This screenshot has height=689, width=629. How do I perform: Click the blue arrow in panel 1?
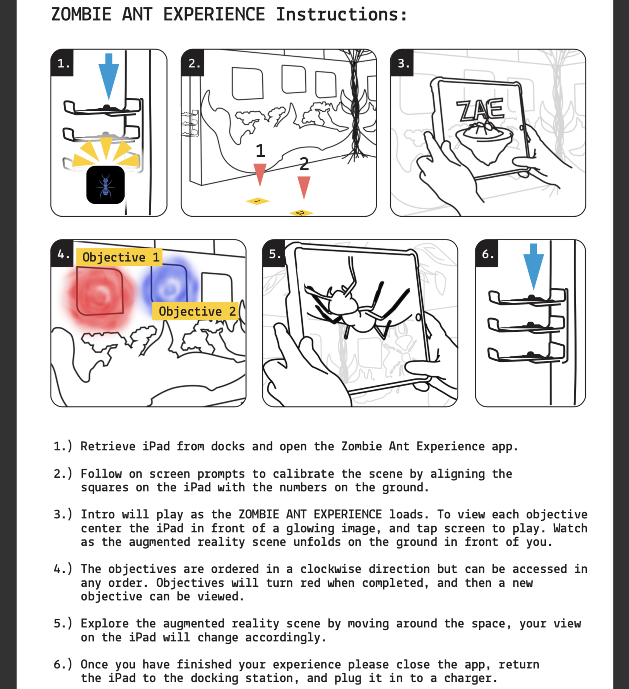click(109, 75)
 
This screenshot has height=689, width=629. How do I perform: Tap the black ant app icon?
click(105, 185)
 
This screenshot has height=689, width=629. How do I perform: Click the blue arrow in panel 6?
click(533, 265)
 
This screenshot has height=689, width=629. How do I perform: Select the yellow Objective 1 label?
click(119, 257)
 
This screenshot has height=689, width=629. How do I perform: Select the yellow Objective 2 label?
click(195, 311)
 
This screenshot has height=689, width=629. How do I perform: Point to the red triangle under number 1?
click(260, 173)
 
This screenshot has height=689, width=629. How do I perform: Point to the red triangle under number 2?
click(304, 187)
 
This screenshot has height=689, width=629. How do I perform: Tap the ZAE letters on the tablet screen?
click(480, 109)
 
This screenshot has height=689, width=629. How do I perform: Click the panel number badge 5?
click(274, 254)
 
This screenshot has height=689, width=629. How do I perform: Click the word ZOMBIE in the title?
click(81, 15)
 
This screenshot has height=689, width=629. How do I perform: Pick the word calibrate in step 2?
click(303, 474)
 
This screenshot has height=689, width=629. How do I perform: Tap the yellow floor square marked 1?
click(257, 201)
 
